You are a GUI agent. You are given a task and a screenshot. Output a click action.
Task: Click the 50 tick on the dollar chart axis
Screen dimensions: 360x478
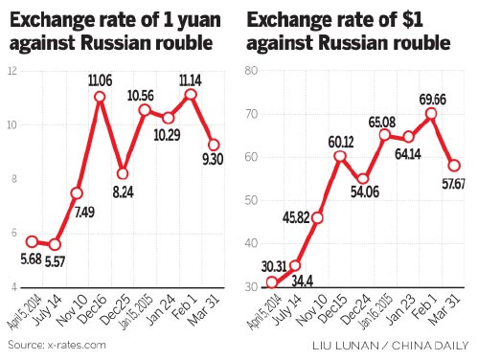coord(252,200)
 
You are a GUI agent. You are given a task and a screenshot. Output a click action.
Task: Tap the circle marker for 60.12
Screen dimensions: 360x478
coord(340,155)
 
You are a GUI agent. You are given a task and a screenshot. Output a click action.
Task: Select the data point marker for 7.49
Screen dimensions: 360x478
coord(77,192)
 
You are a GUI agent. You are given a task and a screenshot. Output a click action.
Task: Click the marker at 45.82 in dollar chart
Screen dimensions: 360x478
coord(317,217)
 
